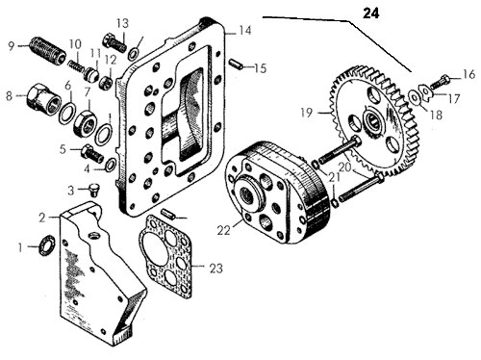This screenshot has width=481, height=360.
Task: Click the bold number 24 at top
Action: [371, 13]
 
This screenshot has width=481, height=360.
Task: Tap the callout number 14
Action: [244, 31]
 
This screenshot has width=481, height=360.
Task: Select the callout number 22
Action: [223, 230]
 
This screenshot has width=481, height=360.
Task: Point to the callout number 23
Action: [215, 268]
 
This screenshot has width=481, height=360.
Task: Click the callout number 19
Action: [307, 113]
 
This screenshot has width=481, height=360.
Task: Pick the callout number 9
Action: [12, 46]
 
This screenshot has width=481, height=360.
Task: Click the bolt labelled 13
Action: [114, 43]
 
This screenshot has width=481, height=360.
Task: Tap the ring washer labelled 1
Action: [47, 245]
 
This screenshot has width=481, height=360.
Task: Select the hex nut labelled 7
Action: [86, 124]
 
